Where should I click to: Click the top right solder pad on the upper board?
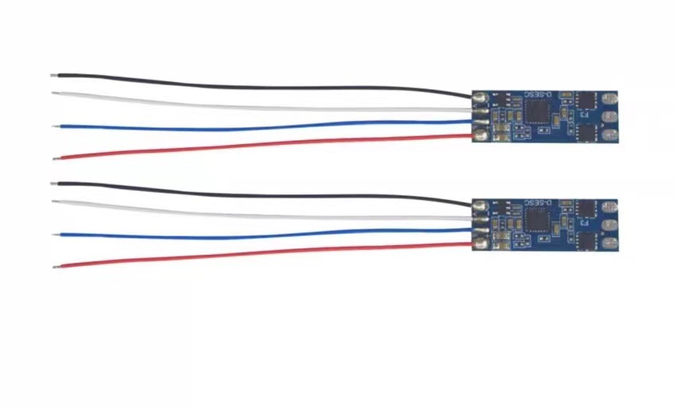pyautogui.click(x=609, y=99)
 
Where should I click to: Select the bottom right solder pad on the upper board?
pyautogui.click(x=609, y=133)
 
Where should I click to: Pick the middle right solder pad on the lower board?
pyautogui.click(x=609, y=224)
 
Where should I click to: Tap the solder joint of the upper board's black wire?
pyautogui.click(x=479, y=97)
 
